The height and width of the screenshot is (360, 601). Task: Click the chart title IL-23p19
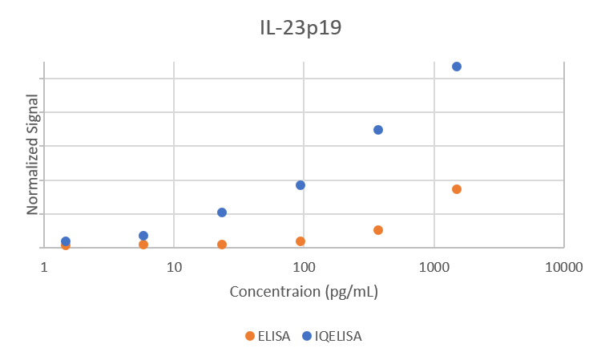pyautogui.click(x=300, y=28)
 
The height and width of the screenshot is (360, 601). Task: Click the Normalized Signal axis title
pyautogui.click(x=33, y=155)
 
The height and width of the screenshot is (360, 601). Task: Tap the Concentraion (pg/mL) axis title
pyautogui.click(x=304, y=291)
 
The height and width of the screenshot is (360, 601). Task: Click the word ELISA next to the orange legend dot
pyautogui.click(x=274, y=336)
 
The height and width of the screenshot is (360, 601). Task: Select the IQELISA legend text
pyautogui.click(x=338, y=336)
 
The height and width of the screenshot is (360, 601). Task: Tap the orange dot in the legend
pyautogui.click(x=249, y=336)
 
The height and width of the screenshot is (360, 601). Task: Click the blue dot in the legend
pyautogui.click(x=307, y=336)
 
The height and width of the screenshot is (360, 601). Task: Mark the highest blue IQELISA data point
pyautogui.click(x=457, y=67)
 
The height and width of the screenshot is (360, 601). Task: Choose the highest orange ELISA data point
pyautogui.click(x=457, y=189)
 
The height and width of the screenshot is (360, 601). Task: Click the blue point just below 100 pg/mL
pyautogui.click(x=300, y=185)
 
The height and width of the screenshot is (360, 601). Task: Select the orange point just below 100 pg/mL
pyautogui.click(x=300, y=241)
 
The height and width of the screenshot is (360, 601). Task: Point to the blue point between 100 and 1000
pyautogui.click(x=378, y=130)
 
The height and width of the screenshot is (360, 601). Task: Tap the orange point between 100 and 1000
pyautogui.click(x=378, y=230)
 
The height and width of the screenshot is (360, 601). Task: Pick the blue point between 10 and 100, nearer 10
pyautogui.click(x=222, y=212)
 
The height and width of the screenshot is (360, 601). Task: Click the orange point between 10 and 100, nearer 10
pyautogui.click(x=222, y=245)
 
